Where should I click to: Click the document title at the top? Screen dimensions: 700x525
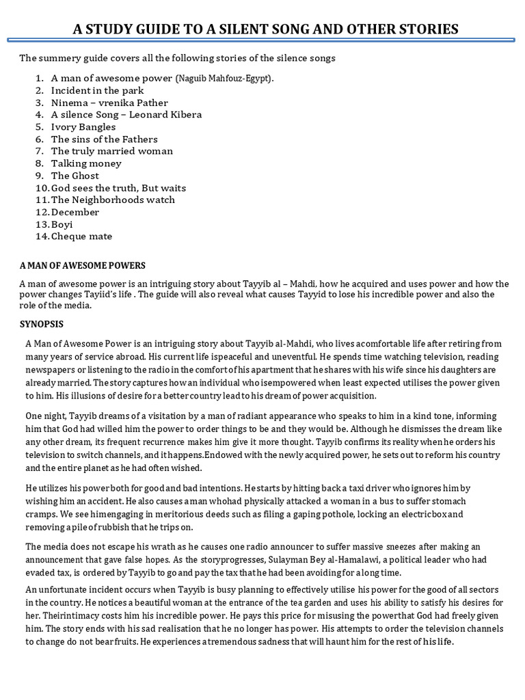(x=265, y=29)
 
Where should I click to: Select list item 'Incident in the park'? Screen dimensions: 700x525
(x=97, y=90)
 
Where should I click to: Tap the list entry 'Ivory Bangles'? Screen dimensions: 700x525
(x=83, y=126)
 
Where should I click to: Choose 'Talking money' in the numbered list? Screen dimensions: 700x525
(x=86, y=163)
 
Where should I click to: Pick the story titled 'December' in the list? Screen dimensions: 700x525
(x=75, y=212)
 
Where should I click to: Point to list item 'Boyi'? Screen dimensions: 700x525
(x=62, y=224)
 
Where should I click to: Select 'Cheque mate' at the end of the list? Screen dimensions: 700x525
(x=81, y=237)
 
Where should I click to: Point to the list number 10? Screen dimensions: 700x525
(x=41, y=188)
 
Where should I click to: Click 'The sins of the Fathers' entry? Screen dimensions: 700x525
(x=104, y=139)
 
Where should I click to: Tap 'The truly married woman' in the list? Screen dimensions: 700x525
(x=112, y=151)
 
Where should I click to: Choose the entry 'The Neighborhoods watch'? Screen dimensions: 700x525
(x=113, y=200)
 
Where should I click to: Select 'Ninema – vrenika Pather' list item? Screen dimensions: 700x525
(x=109, y=103)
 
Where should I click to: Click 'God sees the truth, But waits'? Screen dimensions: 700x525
(x=118, y=188)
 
